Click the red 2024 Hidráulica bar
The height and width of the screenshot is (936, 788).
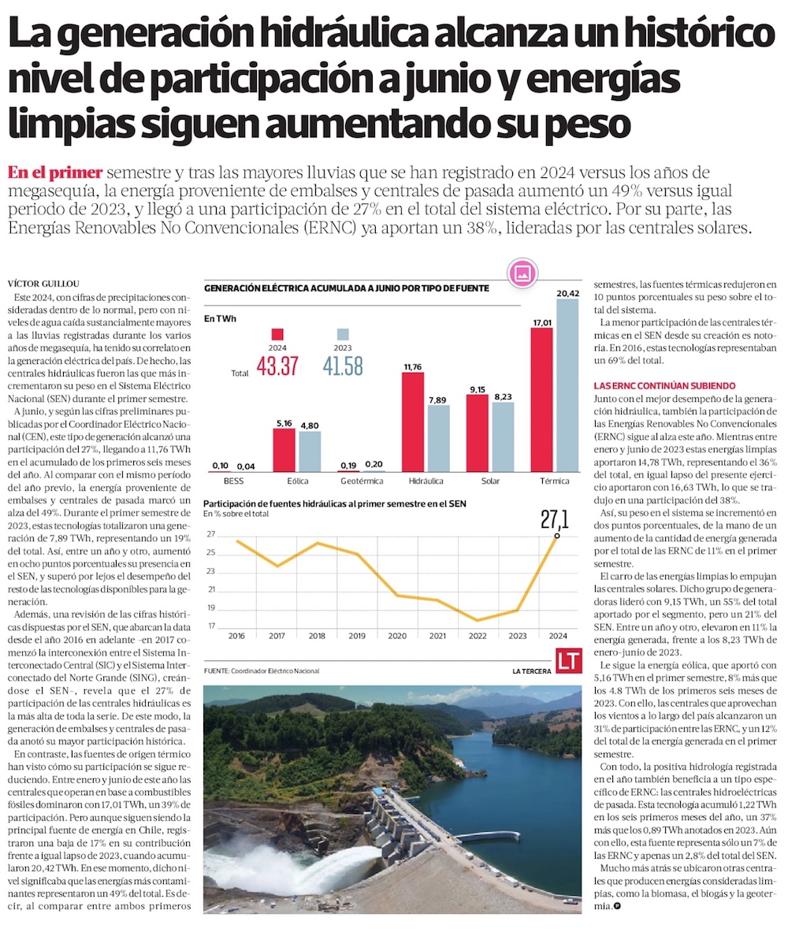pyautogui.click(x=414, y=422)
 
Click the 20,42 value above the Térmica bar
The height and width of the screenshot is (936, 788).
pyautogui.click(x=571, y=293)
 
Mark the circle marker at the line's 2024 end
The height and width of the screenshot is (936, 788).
pyautogui.click(x=557, y=536)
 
